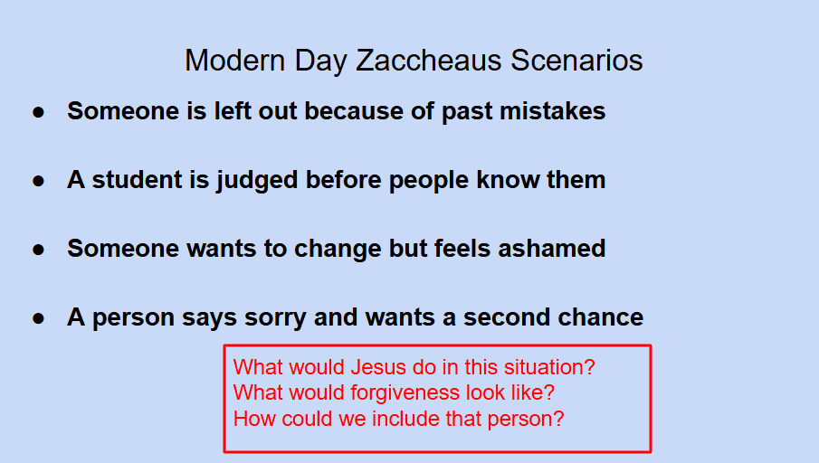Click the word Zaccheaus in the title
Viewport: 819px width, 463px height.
click(x=428, y=60)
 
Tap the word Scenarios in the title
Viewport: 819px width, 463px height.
click(x=576, y=60)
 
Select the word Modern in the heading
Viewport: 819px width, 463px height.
click(x=235, y=60)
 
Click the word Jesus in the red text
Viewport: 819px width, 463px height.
click(x=371, y=367)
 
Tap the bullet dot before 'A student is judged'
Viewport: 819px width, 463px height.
click(x=38, y=181)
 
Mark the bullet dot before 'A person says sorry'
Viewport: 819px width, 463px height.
click(x=38, y=318)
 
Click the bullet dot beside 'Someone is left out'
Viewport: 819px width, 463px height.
click(x=38, y=112)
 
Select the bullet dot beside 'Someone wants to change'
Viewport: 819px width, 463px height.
click(x=38, y=250)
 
